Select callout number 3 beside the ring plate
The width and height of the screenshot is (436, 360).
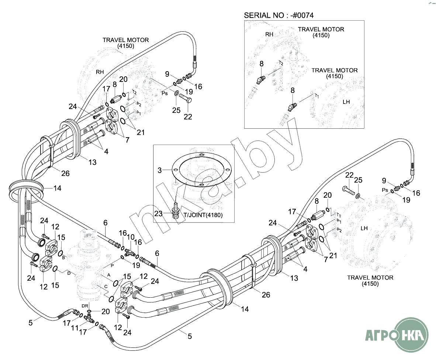pos(160,170)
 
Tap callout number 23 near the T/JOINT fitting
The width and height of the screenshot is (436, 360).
pos(158,213)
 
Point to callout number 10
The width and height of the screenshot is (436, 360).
pos(130,238)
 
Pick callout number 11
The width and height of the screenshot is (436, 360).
pos(75,328)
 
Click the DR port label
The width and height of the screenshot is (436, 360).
pos(84,306)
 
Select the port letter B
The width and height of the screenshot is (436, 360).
pos(63,257)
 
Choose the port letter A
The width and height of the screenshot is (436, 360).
pos(109,275)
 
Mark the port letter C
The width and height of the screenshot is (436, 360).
pos(106,286)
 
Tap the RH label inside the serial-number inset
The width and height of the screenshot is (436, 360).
pos(270,34)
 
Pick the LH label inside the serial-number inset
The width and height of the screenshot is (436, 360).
pos(346,102)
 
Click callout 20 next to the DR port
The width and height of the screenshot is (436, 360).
pos(105,312)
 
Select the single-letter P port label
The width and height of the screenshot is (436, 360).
pos(112,265)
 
